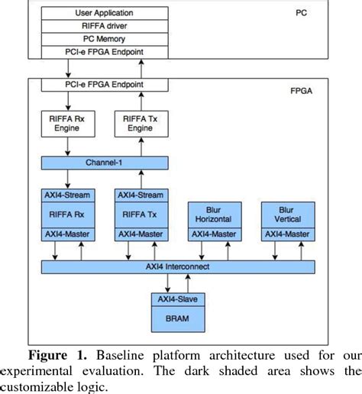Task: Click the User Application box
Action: click(x=104, y=13)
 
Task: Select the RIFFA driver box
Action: click(x=104, y=25)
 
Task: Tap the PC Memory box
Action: click(x=104, y=37)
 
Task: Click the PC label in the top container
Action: click(x=301, y=13)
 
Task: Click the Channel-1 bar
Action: click(x=104, y=163)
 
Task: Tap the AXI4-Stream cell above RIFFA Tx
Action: click(x=140, y=195)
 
